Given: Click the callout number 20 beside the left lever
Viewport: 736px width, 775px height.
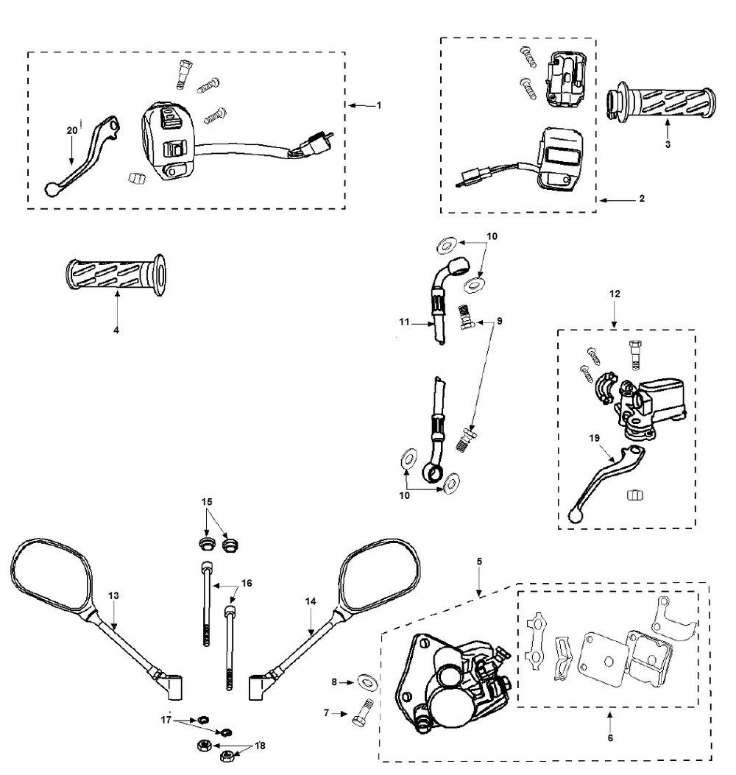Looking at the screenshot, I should pos(71,130).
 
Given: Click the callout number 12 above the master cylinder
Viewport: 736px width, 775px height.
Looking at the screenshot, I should pos(615,294).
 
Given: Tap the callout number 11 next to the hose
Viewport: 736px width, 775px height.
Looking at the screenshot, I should pos(404,322).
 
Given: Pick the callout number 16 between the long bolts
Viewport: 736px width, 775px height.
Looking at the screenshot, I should pos(247,583).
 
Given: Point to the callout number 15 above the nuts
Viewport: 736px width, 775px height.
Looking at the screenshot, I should pos(208,501).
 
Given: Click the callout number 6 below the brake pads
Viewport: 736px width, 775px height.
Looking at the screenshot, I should pos(609,737).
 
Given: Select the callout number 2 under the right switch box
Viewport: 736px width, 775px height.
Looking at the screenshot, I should pos(642,199).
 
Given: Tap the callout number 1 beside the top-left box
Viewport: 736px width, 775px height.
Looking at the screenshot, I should pos(379,105).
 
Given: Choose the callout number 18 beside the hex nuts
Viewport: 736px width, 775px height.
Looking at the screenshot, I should pos(259,746).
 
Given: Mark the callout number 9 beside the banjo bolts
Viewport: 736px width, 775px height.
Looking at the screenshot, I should pos(500,321).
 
